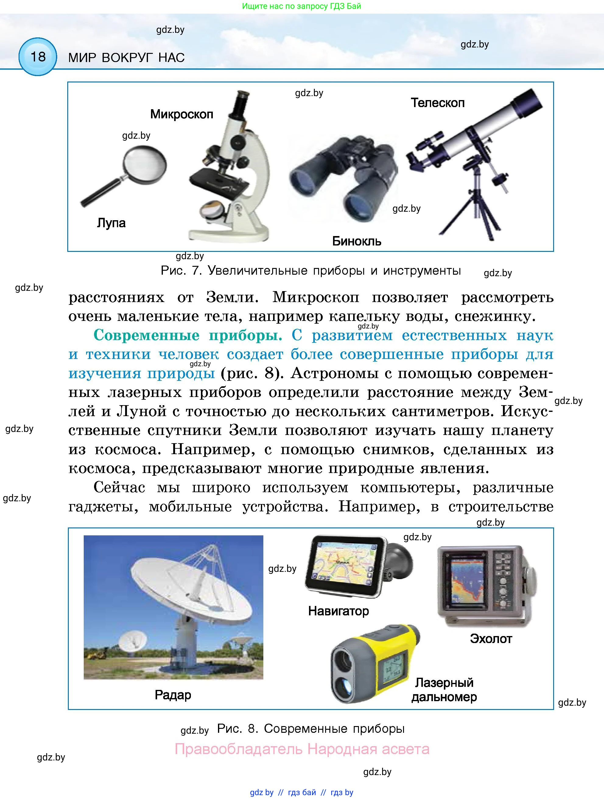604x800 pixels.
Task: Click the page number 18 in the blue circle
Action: (38, 57)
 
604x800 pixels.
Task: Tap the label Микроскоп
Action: (181, 114)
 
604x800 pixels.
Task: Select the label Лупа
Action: (111, 223)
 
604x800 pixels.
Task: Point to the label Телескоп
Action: (437, 103)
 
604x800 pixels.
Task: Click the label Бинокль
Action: (356, 241)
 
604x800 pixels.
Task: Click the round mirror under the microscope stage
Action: (213, 210)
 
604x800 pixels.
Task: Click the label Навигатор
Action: (338, 611)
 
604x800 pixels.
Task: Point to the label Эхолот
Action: (491, 639)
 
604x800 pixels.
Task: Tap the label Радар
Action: (173, 695)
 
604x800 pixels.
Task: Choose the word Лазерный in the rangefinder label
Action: (444, 683)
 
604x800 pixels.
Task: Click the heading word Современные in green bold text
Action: (146, 335)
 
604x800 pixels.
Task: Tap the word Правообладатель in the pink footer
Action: (238, 749)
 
